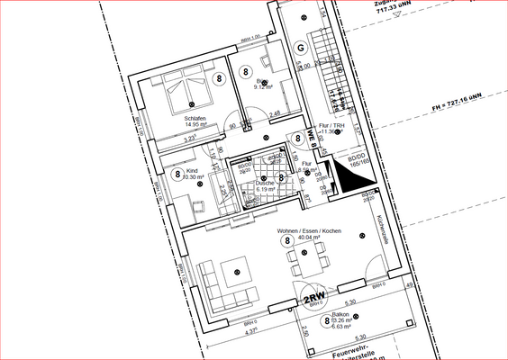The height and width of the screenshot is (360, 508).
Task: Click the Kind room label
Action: pos(191,171)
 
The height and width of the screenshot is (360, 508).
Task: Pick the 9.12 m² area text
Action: pos(263,87)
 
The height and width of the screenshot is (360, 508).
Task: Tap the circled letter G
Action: pos(300,47)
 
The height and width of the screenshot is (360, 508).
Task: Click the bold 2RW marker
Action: pos(313,298)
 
